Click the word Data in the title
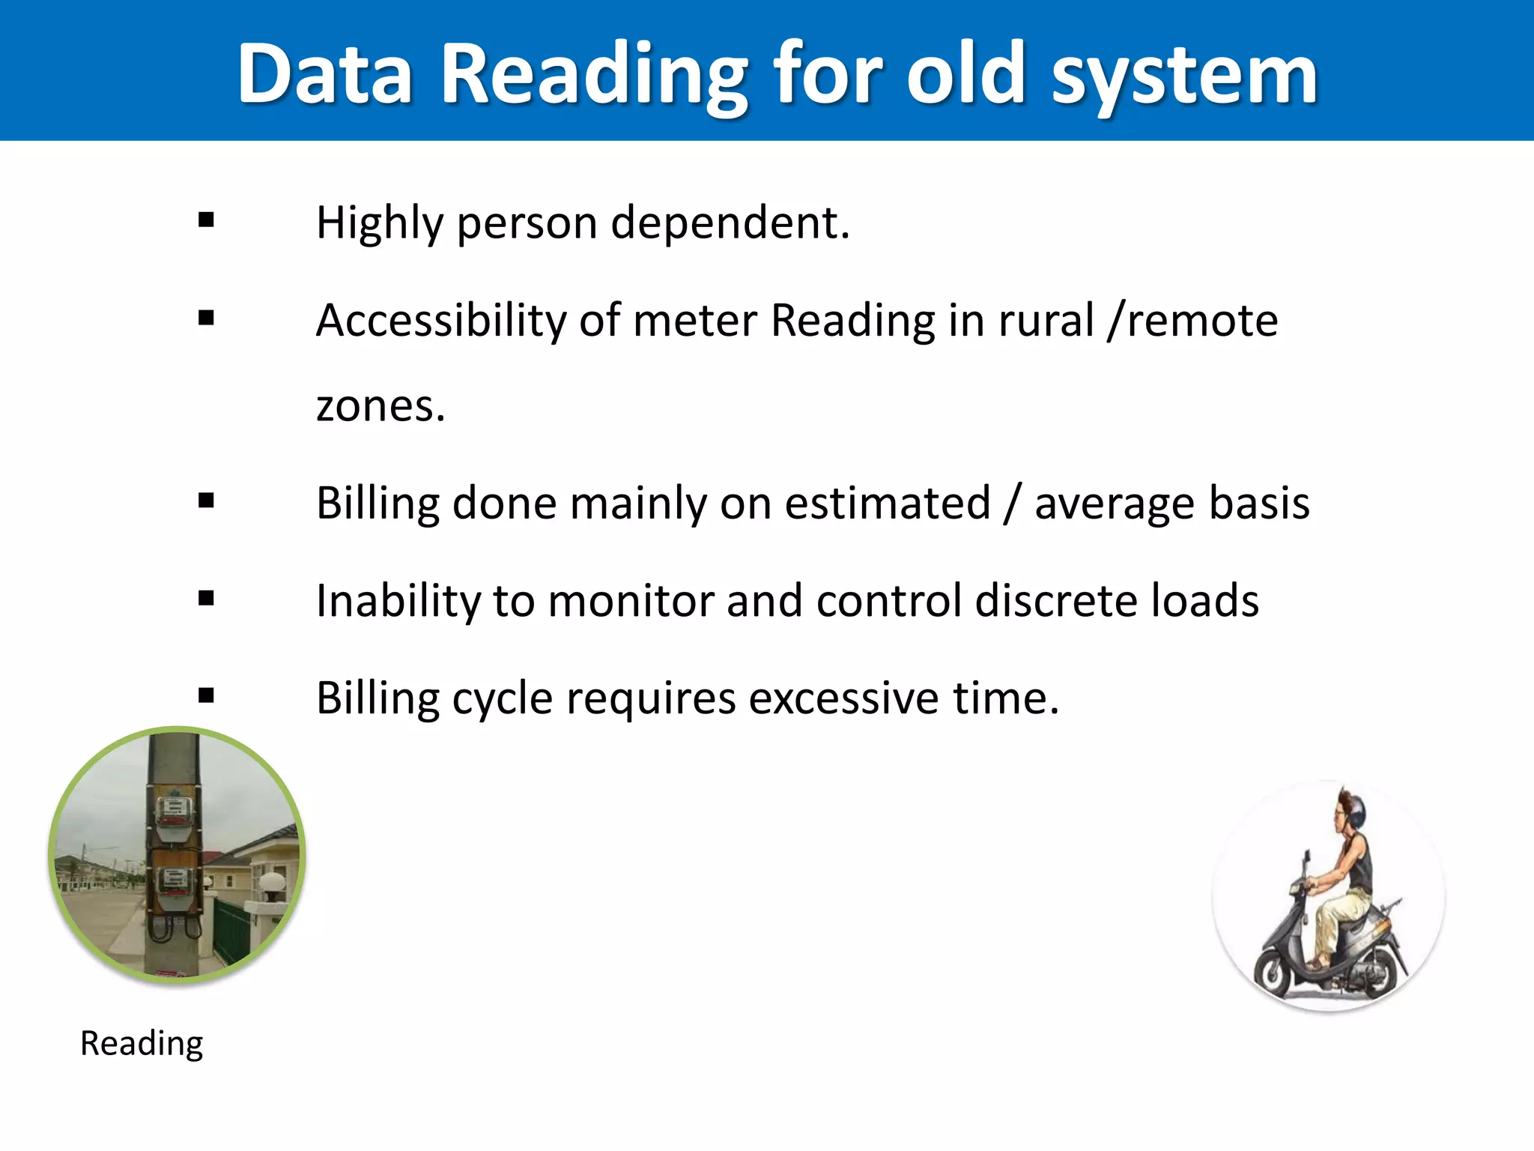click(324, 73)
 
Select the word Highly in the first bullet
click(380, 223)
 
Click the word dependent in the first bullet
click(730, 223)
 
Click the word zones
click(380, 406)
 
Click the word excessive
click(843, 698)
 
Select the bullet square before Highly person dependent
click(207, 220)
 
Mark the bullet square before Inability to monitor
click(207, 598)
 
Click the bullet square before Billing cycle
click(207, 695)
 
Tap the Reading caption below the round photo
click(142, 1043)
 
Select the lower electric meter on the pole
click(174, 880)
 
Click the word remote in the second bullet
click(1202, 321)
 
